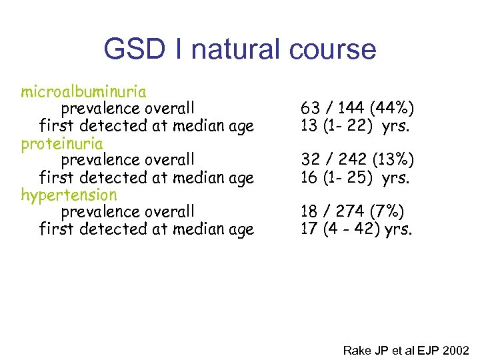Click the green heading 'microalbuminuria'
pos(84,91)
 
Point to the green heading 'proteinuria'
pos(62,143)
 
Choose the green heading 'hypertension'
pos(69,195)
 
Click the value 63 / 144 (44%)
pos(357,108)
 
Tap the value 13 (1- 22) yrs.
pos(354,125)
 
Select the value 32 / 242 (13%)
pos(357,160)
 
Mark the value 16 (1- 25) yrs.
pos(354,177)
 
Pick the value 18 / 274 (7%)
pos(352,212)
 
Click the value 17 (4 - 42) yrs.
pos(357,229)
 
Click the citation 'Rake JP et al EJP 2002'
pos(406,350)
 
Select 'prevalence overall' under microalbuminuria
pos(128,108)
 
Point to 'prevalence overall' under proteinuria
pos(128,160)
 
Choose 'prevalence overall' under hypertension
pos(128,212)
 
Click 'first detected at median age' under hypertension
pos(147,229)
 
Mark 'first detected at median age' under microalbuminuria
pos(147,125)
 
